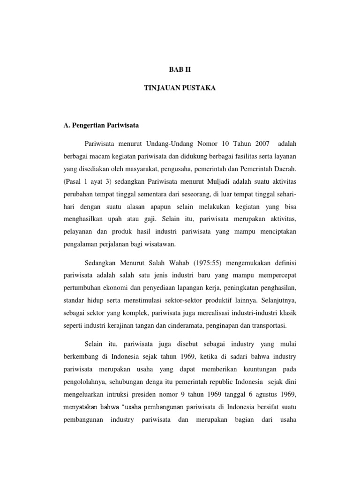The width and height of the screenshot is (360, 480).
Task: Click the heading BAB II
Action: (x=180, y=69)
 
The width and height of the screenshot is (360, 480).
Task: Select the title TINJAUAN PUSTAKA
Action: (x=180, y=88)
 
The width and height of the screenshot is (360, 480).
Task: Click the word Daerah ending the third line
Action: (x=286, y=168)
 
